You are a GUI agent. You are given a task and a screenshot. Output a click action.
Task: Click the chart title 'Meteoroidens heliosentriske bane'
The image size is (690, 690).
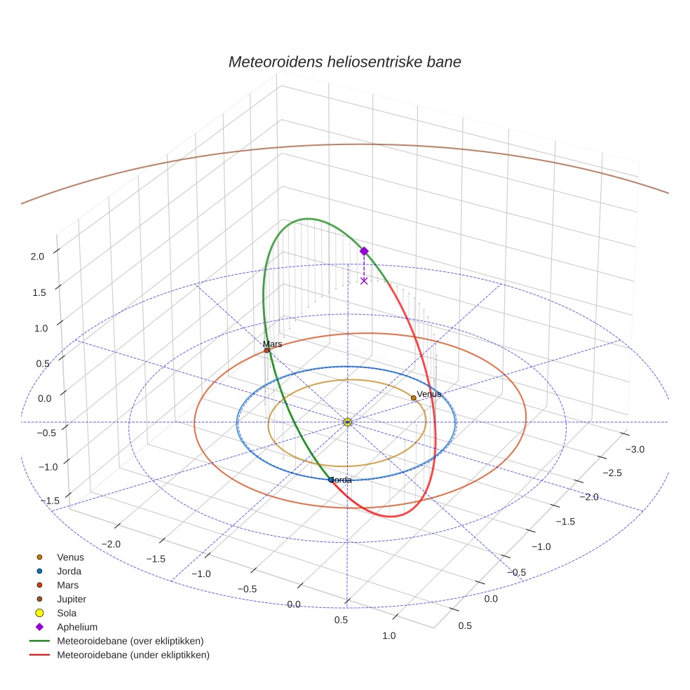click(344, 62)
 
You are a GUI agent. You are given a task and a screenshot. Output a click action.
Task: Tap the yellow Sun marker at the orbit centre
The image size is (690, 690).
click(347, 421)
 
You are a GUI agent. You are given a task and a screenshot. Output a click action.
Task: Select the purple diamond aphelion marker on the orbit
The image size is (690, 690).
click(364, 251)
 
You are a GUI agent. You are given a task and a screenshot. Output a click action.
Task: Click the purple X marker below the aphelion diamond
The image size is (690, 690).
click(364, 280)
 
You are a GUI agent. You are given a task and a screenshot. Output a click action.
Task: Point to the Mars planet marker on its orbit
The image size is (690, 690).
click(266, 350)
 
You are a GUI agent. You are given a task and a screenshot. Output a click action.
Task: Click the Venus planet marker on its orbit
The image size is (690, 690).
click(414, 398)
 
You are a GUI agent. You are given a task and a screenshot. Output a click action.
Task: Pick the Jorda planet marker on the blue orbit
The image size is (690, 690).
click(331, 480)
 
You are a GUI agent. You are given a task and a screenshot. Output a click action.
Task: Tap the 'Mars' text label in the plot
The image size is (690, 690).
click(272, 344)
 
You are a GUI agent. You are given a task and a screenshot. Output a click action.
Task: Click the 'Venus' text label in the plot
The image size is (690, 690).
click(429, 394)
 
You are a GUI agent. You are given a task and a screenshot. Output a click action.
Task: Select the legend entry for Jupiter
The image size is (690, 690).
click(72, 599)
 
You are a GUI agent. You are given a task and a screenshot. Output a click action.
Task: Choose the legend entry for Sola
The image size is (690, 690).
click(67, 613)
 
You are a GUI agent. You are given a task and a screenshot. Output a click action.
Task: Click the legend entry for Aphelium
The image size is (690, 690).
click(76, 627)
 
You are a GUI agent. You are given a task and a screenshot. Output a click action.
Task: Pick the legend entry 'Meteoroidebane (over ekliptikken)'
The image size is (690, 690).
click(130, 641)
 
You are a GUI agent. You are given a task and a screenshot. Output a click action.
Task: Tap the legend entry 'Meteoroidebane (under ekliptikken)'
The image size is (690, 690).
click(133, 655)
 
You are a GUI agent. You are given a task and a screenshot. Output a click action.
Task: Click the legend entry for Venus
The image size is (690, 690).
click(70, 557)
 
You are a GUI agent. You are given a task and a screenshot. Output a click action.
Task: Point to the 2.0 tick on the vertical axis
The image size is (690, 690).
click(37, 256)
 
